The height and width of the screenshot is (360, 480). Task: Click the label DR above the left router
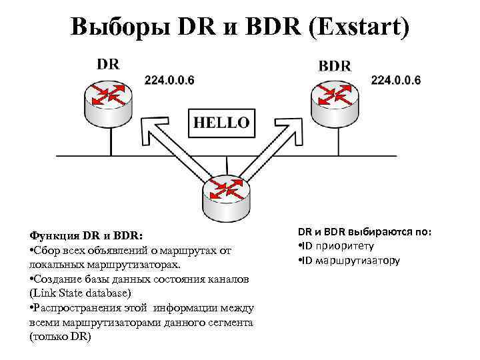[x=108, y=65]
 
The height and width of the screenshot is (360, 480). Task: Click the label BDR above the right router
[x=335, y=66]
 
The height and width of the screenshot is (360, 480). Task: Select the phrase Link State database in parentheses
[x=84, y=293]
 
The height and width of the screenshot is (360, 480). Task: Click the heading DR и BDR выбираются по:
[x=364, y=232]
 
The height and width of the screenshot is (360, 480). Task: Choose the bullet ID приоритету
[x=345, y=246]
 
